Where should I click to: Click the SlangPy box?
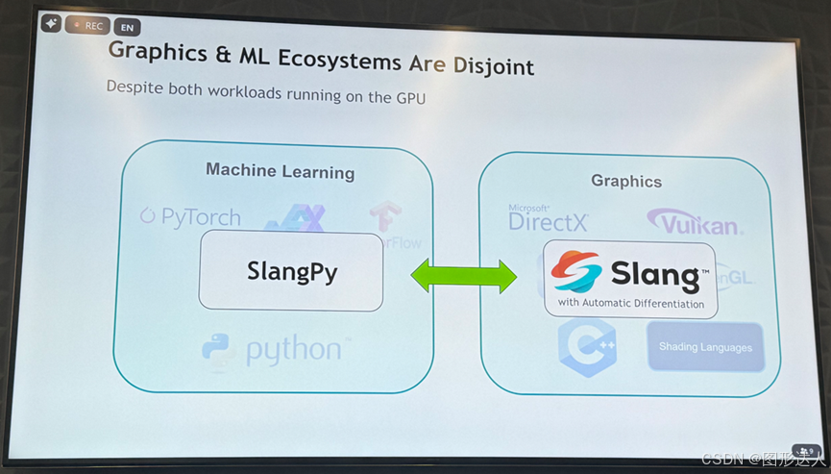(290, 271)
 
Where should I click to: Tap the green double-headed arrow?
(463, 277)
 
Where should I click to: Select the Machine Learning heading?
(280, 171)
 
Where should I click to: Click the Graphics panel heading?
(626, 181)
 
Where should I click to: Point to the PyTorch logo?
(190, 216)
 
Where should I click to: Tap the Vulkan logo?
(694, 223)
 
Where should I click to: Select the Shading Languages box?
(705, 347)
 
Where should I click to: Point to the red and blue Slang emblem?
(576, 272)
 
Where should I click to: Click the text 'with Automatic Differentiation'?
(631, 304)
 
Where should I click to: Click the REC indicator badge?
(87, 26)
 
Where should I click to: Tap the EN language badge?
(127, 28)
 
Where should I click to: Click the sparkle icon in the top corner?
(51, 23)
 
